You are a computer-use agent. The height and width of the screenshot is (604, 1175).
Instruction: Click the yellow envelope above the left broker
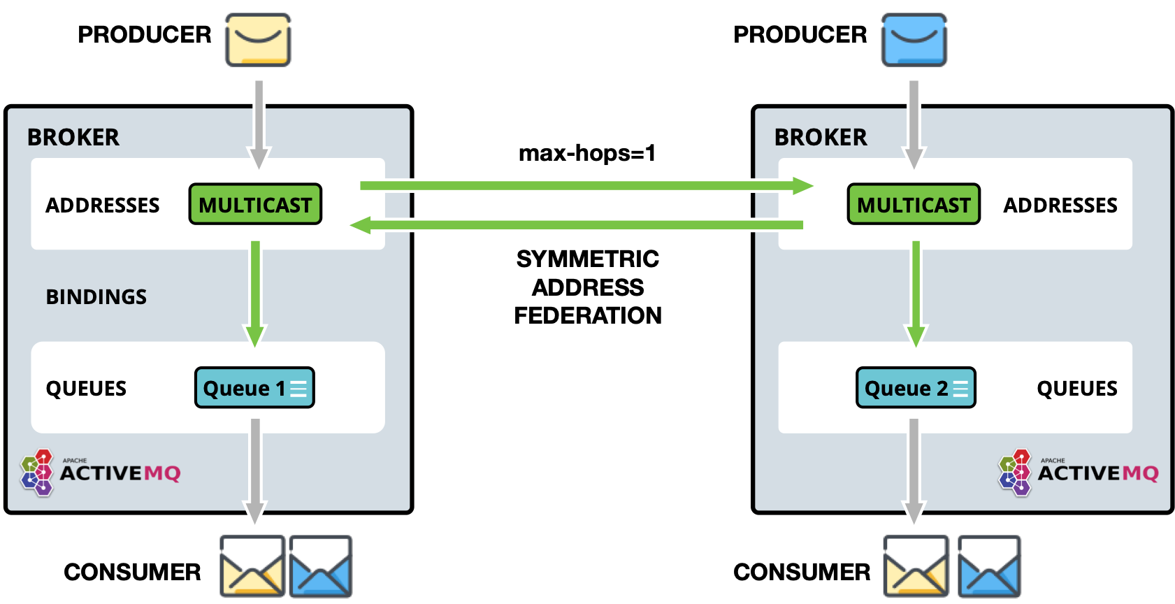click(258, 41)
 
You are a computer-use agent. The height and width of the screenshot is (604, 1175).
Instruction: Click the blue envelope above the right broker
click(914, 41)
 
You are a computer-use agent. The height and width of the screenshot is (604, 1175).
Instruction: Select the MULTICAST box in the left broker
click(255, 204)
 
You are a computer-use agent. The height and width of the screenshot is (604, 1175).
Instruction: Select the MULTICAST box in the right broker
click(914, 204)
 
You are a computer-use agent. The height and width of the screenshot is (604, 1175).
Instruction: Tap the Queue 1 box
click(254, 387)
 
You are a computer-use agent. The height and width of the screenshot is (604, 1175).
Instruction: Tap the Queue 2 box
click(916, 387)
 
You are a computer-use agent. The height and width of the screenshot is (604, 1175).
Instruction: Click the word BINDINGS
click(96, 297)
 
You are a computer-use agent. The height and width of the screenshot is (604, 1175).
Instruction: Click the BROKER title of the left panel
click(73, 137)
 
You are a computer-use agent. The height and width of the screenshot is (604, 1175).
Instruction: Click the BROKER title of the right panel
click(821, 137)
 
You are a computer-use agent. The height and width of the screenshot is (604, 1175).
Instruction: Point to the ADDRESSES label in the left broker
click(103, 206)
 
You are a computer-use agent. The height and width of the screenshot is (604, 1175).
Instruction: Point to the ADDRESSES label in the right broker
click(1060, 206)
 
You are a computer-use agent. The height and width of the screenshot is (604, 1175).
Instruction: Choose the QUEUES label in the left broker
click(86, 389)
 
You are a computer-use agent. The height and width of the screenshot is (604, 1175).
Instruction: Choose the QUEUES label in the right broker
click(1077, 389)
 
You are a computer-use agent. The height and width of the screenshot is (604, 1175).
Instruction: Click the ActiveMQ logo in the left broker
click(101, 473)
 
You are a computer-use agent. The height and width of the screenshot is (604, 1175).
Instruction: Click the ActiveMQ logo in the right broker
click(1079, 473)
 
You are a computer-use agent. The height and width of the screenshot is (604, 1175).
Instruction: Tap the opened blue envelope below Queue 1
click(320, 566)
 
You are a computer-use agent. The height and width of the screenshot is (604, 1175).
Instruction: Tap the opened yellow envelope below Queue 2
click(916, 566)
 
